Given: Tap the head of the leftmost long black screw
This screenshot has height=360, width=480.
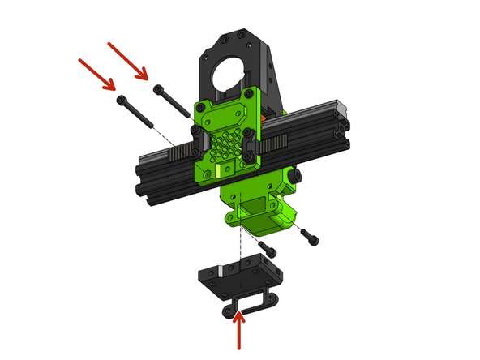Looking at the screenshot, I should pyautogui.click(x=122, y=98).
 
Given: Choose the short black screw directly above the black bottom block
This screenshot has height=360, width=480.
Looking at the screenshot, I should pyautogui.click(x=268, y=245).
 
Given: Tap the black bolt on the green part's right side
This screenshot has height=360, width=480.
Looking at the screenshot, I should pyautogui.click(x=296, y=174).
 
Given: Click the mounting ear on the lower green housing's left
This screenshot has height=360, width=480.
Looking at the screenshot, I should pyautogui.click(x=229, y=217).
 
